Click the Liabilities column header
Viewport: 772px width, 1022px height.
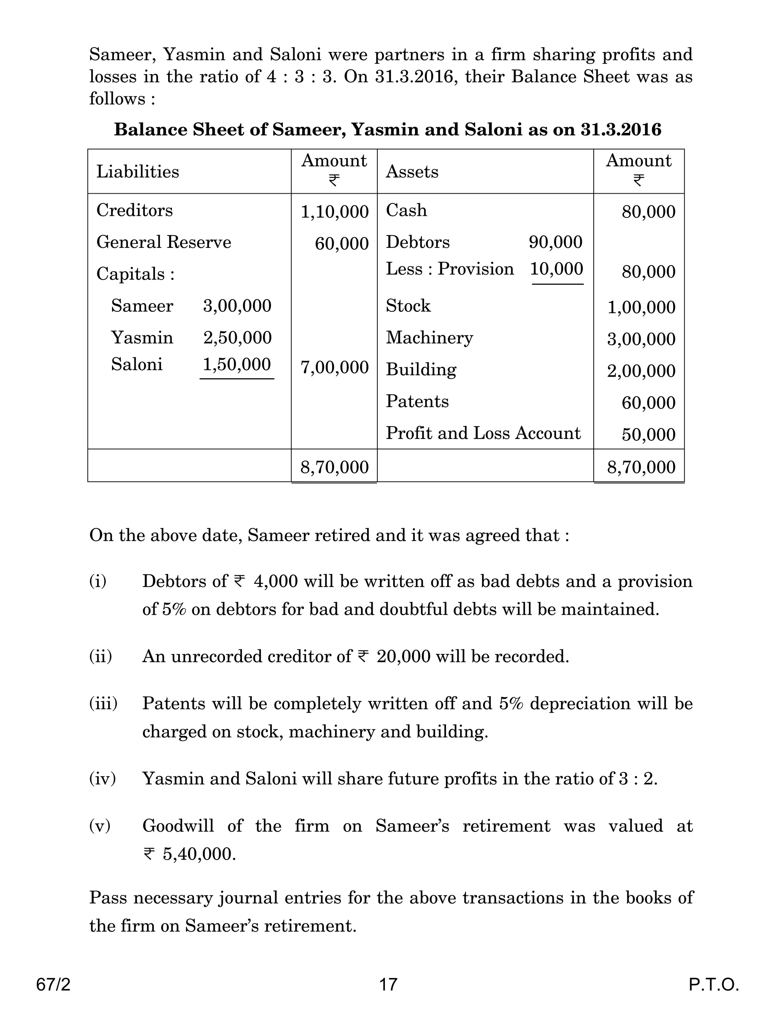[x=137, y=172]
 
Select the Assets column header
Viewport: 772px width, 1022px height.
[x=412, y=172]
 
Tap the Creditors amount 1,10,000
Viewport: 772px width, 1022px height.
[x=334, y=212]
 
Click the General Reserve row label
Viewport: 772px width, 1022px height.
[x=164, y=242]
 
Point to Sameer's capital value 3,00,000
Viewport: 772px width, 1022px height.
[x=237, y=306]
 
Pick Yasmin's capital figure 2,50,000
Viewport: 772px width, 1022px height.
[x=237, y=338]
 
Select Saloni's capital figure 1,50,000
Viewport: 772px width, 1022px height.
[x=237, y=365]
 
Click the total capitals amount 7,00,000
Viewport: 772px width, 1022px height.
[x=334, y=368]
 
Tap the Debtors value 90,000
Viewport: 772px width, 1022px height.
[x=555, y=242]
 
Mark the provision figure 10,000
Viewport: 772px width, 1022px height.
[x=556, y=269]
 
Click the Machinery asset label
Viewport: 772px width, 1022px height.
[x=429, y=338]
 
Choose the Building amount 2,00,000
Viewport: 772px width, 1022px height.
[x=641, y=371]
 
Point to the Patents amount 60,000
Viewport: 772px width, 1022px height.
[x=648, y=403]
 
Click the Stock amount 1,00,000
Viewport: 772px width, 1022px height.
[x=641, y=307]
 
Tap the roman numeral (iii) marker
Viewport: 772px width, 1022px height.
[x=103, y=704]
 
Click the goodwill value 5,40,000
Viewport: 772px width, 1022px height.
[x=199, y=854]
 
